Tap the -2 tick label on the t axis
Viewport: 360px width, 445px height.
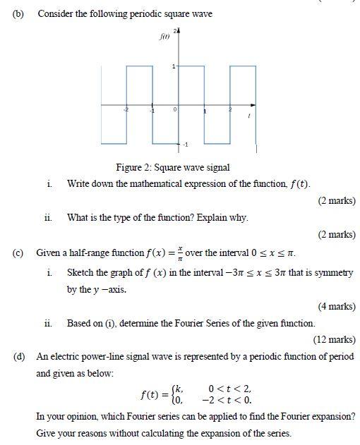tap(126, 111)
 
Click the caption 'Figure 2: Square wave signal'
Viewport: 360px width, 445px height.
tap(173, 167)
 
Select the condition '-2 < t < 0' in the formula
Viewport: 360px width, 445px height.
tap(227, 398)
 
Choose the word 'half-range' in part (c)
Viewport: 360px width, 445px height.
tap(89, 252)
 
